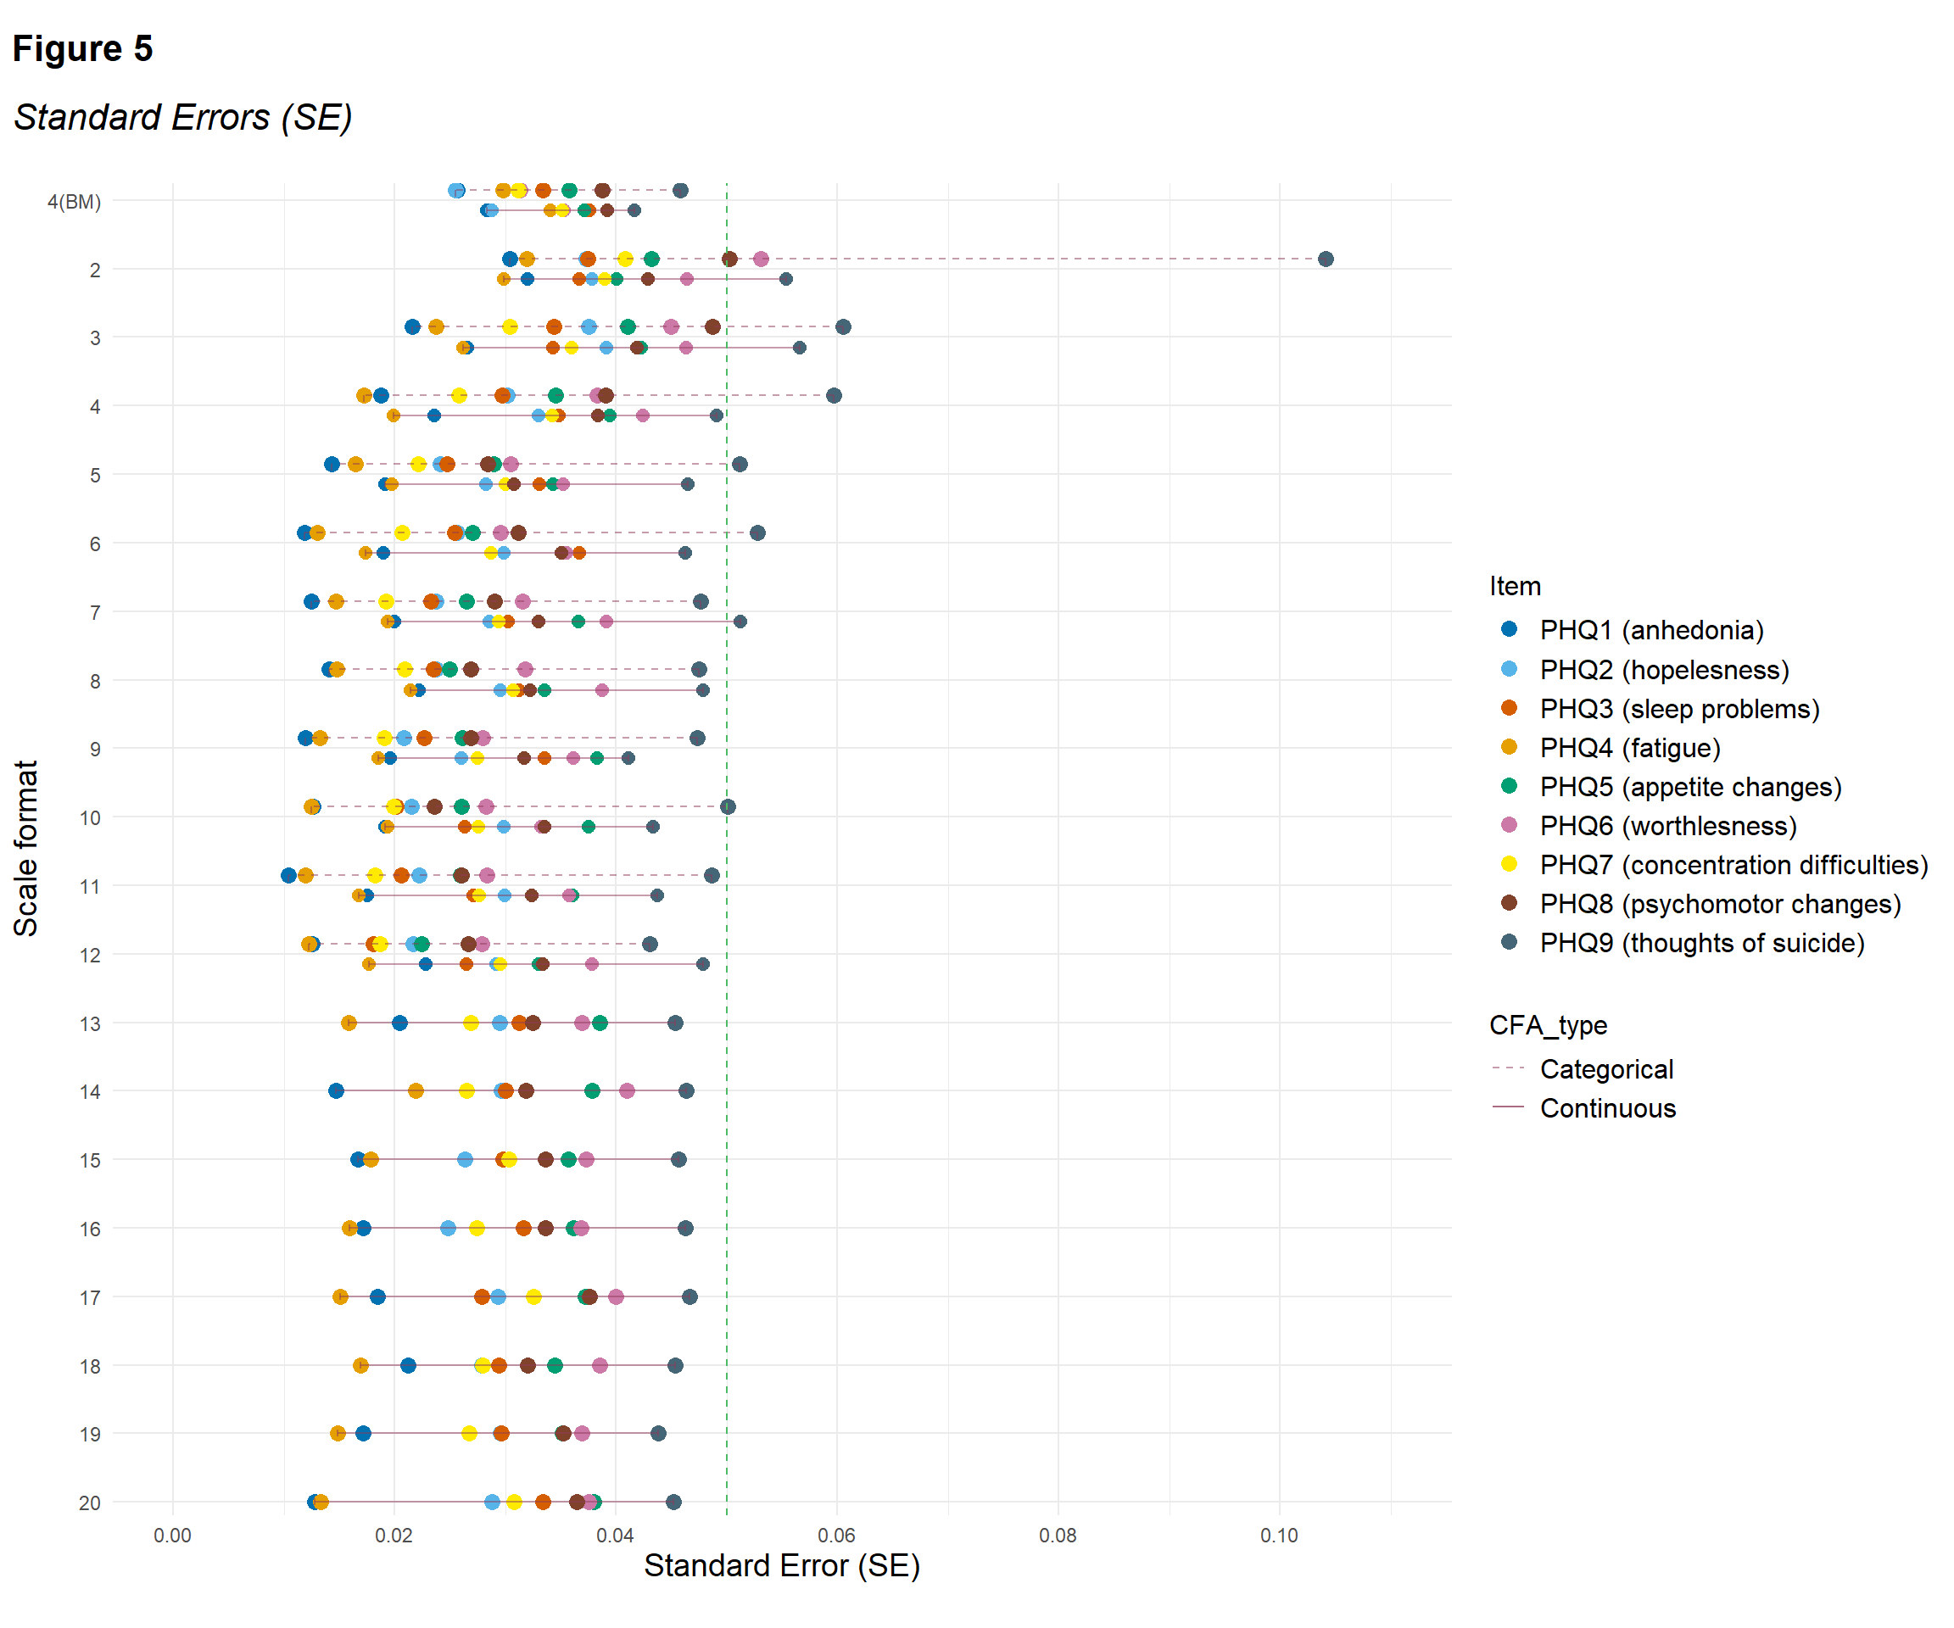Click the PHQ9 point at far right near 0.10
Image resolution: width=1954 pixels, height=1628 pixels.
point(1325,259)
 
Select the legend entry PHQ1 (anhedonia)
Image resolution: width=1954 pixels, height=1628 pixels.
point(1650,630)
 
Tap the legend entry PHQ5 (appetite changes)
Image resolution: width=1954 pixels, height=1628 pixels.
point(1689,786)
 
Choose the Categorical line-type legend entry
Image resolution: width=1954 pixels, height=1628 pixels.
point(1606,1069)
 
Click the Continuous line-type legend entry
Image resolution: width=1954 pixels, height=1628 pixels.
point(1607,1108)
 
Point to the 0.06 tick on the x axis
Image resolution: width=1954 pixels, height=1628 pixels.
point(835,1535)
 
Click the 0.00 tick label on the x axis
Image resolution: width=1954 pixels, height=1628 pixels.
point(172,1535)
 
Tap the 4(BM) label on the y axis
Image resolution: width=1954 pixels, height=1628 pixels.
point(75,201)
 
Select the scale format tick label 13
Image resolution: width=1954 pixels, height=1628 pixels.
point(89,1023)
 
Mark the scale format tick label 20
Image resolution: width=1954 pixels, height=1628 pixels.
point(89,1503)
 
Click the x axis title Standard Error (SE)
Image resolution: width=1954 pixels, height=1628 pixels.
point(782,1565)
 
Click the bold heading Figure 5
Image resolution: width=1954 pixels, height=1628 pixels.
point(83,48)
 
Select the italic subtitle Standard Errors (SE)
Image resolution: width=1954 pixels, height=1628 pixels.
point(183,117)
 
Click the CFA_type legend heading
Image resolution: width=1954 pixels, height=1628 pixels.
point(1548,1025)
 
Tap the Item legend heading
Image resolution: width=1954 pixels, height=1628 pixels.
point(1515,586)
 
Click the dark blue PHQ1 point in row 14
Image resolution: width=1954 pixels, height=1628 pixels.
point(336,1090)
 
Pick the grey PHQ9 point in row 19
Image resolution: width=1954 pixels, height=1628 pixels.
point(658,1433)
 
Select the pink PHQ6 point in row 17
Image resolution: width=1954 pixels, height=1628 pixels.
point(616,1296)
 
